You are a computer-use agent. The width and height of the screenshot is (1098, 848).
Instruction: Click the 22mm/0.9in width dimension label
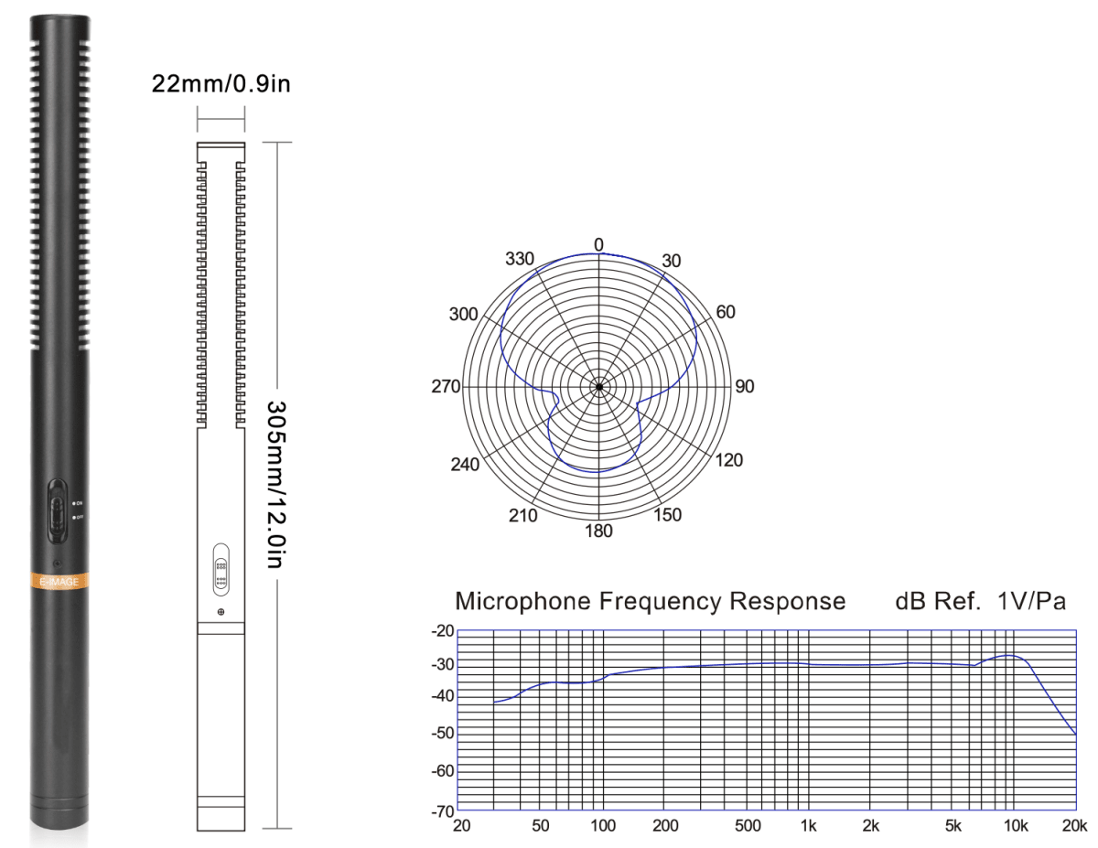[x=221, y=84]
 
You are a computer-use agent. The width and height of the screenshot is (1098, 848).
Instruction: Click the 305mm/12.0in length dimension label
[x=274, y=483]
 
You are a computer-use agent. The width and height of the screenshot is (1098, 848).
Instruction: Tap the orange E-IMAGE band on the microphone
[x=59, y=581]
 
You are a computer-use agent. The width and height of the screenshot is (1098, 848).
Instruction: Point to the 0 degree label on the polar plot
[x=598, y=244]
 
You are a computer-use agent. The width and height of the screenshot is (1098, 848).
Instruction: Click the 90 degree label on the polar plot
[x=744, y=387]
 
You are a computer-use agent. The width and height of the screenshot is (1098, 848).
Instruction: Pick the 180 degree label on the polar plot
[x=598, y=531]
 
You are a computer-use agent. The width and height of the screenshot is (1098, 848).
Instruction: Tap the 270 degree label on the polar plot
[x=446, y=387]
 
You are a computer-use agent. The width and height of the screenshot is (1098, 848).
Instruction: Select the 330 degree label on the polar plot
[x=519, y=258]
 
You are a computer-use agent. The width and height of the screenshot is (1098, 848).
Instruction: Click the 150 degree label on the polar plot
[x=667, y=516]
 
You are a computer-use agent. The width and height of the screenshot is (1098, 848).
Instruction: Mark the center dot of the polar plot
[x=598, y=387]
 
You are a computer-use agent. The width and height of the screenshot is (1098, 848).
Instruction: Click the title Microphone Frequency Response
[x=650, y=602]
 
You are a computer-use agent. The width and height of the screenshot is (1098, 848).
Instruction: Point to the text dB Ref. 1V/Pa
[x=980, y=602]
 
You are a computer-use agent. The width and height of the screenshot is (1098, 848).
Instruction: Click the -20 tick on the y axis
[x=443, y=631]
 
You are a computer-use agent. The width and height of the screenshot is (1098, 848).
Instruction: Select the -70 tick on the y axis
[x=443, y=810]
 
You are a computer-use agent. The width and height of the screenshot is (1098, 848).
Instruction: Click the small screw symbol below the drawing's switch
[x=221, y=610]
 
